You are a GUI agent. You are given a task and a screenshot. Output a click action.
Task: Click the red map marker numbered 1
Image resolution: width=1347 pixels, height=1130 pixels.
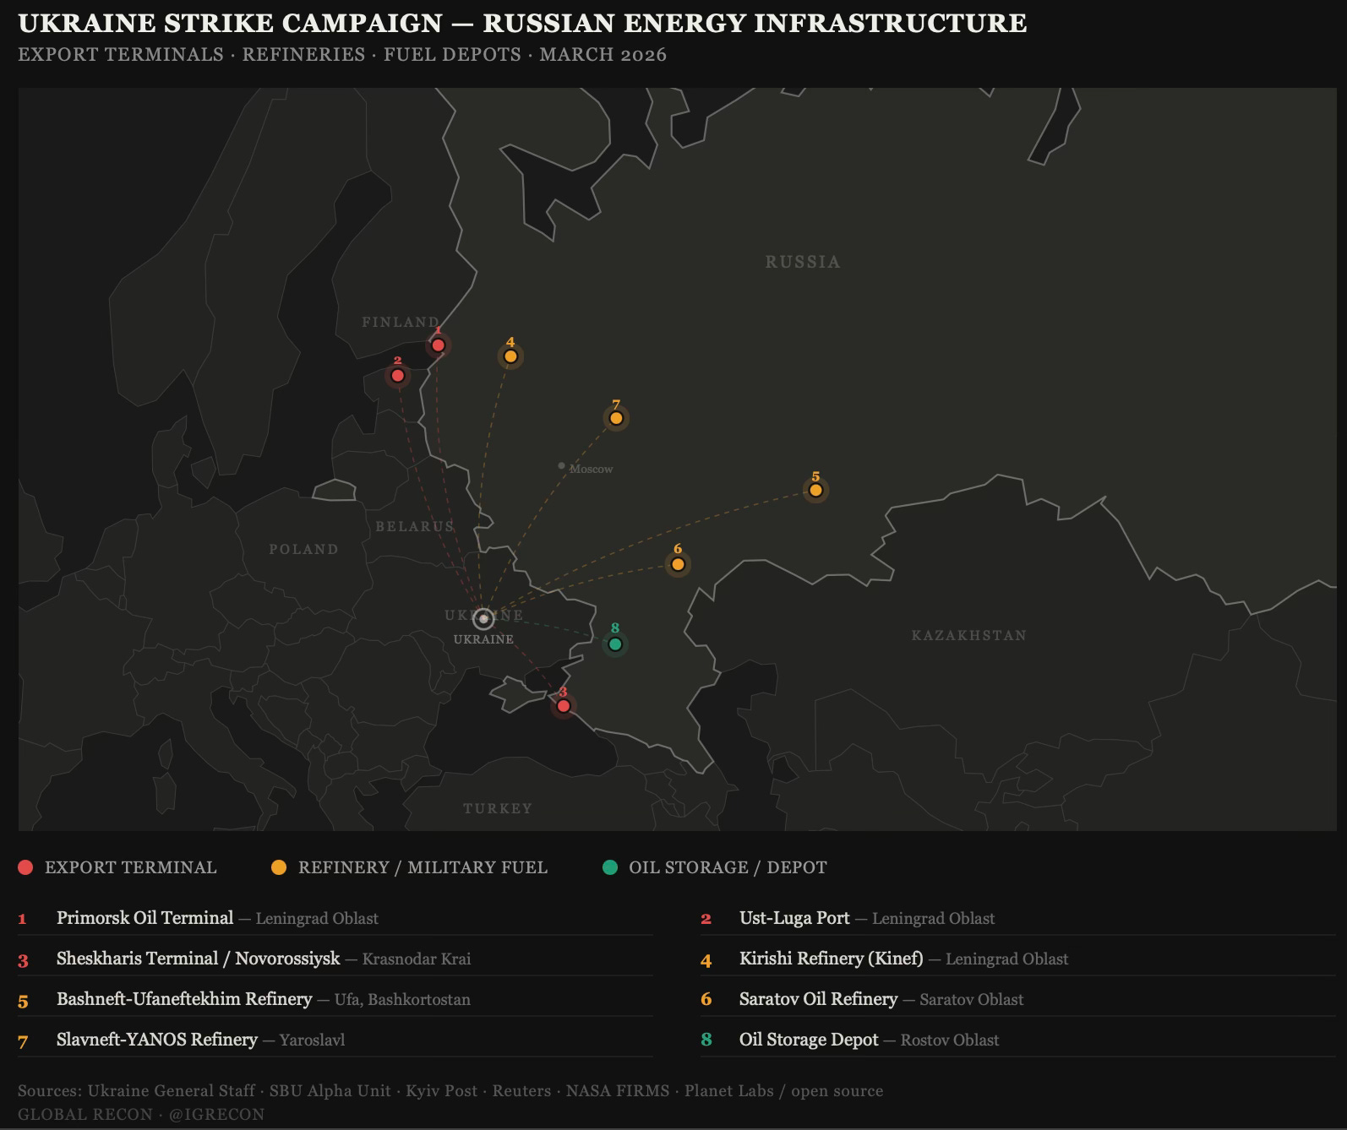tap(438, 345)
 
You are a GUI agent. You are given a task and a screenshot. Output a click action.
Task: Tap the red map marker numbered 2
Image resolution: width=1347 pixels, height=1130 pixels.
tap(397, 375)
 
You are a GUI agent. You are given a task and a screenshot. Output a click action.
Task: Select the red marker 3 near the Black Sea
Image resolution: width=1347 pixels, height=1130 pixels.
tap(563, 705)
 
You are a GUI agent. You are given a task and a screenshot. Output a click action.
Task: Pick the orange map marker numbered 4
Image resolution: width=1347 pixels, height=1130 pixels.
tap(510, 356)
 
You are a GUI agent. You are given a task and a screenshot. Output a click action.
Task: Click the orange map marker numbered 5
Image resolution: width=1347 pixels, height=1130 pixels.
tap(815, 490)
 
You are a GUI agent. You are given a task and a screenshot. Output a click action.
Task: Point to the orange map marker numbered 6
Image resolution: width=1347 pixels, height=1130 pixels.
tap(678, 564)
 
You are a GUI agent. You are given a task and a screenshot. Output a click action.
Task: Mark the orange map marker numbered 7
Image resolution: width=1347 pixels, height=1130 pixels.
tap(616, 418)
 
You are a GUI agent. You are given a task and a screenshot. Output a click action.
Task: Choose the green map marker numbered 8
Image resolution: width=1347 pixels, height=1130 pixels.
tap(615, 644)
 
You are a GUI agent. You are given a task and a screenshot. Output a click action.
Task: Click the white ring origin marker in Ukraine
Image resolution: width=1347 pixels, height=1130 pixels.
tap(483, 619)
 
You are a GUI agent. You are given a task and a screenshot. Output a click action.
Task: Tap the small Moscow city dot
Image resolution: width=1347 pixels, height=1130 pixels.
tap(561, 465)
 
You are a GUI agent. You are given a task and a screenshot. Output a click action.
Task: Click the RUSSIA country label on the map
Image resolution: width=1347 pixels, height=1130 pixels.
tap(803, 262)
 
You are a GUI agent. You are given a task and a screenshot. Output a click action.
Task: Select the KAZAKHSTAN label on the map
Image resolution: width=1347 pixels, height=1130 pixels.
tap(968, 635)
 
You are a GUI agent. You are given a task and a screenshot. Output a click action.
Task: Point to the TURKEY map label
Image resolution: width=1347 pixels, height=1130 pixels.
tap(498, 808)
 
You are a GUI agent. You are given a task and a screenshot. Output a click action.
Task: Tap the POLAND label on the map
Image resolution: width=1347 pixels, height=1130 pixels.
tap(303, 549)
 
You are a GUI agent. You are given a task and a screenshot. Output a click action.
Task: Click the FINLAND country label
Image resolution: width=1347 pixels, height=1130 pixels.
tap(401, 322)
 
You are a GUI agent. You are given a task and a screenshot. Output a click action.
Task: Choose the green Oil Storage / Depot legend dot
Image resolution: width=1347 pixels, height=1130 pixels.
tap(610, 867)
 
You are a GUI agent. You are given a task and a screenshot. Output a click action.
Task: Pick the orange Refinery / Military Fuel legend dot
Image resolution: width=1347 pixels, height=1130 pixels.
tap(278, 867)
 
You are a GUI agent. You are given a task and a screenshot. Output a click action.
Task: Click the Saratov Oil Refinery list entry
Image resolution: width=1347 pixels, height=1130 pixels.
tap(818, 999)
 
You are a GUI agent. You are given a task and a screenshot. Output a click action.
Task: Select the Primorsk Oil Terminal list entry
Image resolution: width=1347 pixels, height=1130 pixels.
tap(145, 918)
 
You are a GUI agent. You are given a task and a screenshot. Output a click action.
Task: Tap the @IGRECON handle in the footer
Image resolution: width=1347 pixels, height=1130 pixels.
tap(216, 1114)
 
